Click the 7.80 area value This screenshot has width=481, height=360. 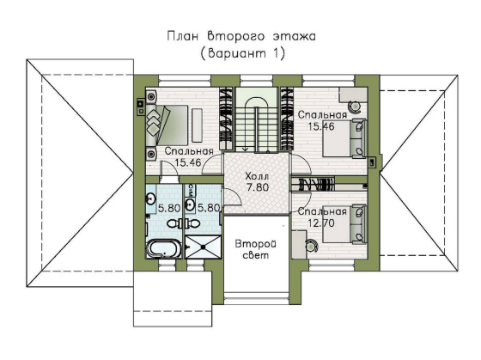tap(256, 186)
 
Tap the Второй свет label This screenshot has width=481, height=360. tap(255, 250)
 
